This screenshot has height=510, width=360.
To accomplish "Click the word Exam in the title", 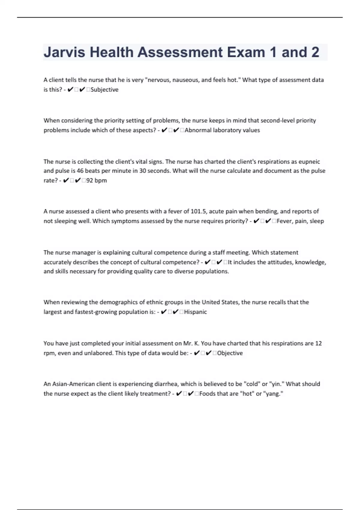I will coord(246,52).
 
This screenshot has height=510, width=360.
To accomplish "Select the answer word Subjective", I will coord(104,90).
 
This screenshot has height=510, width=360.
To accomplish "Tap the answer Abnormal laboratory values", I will coord(222,130).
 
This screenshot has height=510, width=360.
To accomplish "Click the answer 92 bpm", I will coord(96,181).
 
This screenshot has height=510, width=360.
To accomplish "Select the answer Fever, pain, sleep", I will coord(300,221).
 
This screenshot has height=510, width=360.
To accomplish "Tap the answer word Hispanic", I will coord(195,312).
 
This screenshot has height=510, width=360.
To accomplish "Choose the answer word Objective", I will coord(230,353).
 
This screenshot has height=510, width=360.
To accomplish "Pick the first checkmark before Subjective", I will coord(70,90).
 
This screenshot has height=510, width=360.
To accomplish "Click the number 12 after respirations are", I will coord(318,343).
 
